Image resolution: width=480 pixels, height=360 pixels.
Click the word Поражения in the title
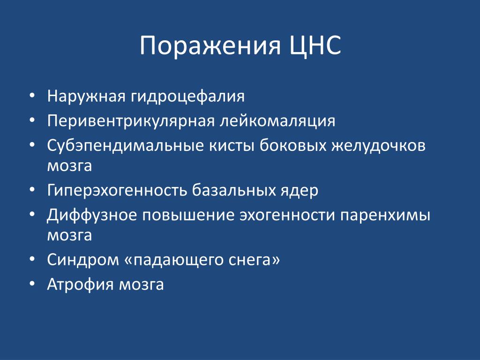(210, 46)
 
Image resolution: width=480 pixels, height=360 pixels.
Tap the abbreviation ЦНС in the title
(315, 45)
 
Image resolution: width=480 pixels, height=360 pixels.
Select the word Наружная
(86, 97)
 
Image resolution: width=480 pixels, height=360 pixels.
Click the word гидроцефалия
(188, 97)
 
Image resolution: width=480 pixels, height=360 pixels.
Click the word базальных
(234, 190)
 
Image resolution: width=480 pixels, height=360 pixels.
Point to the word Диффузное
(92, 216)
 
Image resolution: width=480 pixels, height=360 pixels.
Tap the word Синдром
(83, 260)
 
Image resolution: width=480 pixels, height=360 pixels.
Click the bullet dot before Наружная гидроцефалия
(32, 96)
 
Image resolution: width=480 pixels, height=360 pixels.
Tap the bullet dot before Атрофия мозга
(32, 284)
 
